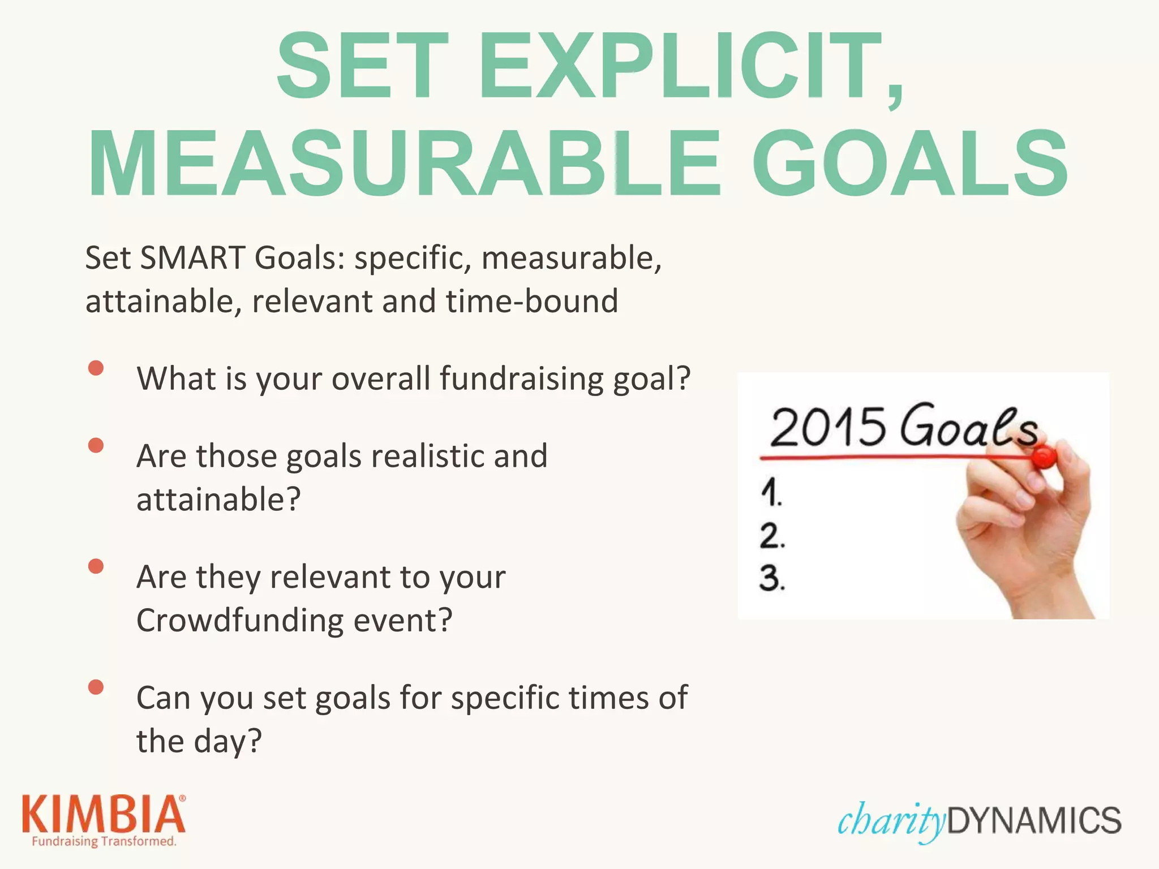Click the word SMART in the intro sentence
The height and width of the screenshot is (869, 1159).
[192, 258]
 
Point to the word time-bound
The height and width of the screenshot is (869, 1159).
[532, 301]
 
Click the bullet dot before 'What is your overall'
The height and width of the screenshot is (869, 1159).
[96, 368]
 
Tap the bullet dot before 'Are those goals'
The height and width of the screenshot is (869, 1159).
[96, 446]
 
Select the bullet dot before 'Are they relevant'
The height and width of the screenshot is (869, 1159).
[96, 566]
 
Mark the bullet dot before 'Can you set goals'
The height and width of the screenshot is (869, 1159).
[96, 687]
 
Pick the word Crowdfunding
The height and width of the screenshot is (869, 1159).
[240, 620]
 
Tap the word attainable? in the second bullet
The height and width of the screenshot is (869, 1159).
[218, 500]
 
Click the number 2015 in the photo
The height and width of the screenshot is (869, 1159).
[827, 427]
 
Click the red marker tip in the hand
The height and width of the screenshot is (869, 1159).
[1043, 457]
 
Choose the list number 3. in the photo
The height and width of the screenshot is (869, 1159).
[772, 579]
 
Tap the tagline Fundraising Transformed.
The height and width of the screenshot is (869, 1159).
[104, 841]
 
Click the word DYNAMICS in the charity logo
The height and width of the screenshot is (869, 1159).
[1033, 821]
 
